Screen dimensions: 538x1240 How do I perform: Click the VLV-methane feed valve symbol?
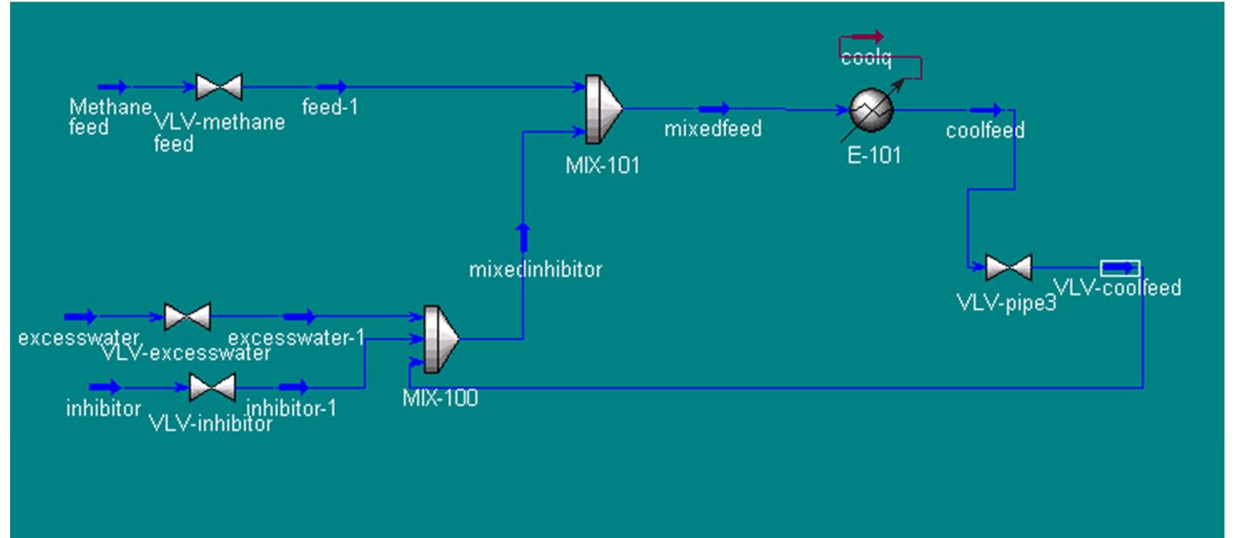click(219, 87)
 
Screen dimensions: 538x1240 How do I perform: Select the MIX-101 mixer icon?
click(603, 109)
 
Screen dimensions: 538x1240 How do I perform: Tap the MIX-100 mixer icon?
click(440, 339)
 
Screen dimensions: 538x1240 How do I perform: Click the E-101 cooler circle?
click(871, 110)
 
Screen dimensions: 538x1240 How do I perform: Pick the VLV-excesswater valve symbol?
click(187, 316)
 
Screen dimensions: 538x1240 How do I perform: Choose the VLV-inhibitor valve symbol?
click(212, 387)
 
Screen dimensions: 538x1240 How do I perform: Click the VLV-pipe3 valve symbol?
click(1008, 268)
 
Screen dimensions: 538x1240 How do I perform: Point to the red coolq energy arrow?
click(867, 37)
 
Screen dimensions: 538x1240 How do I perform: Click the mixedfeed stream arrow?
click(714, 109)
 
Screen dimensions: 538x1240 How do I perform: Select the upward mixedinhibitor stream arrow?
click(523, 238)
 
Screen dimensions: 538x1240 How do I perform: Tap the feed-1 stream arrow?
click(332, 88)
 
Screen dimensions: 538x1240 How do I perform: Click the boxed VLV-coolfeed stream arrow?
click(1120, 268)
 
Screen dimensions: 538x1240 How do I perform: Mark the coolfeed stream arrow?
click(986, 111)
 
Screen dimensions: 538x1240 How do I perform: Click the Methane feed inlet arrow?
click(113, 88)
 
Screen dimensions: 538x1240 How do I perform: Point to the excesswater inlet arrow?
click(80, 316)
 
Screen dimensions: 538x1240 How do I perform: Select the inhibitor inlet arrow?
click(105, 387)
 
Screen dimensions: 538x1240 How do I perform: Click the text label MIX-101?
click(602, 166)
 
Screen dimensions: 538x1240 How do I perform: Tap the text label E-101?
click(874, 156)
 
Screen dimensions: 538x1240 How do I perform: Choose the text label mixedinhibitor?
click(535, 270)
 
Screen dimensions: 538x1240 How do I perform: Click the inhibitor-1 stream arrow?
click(293, 387)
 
